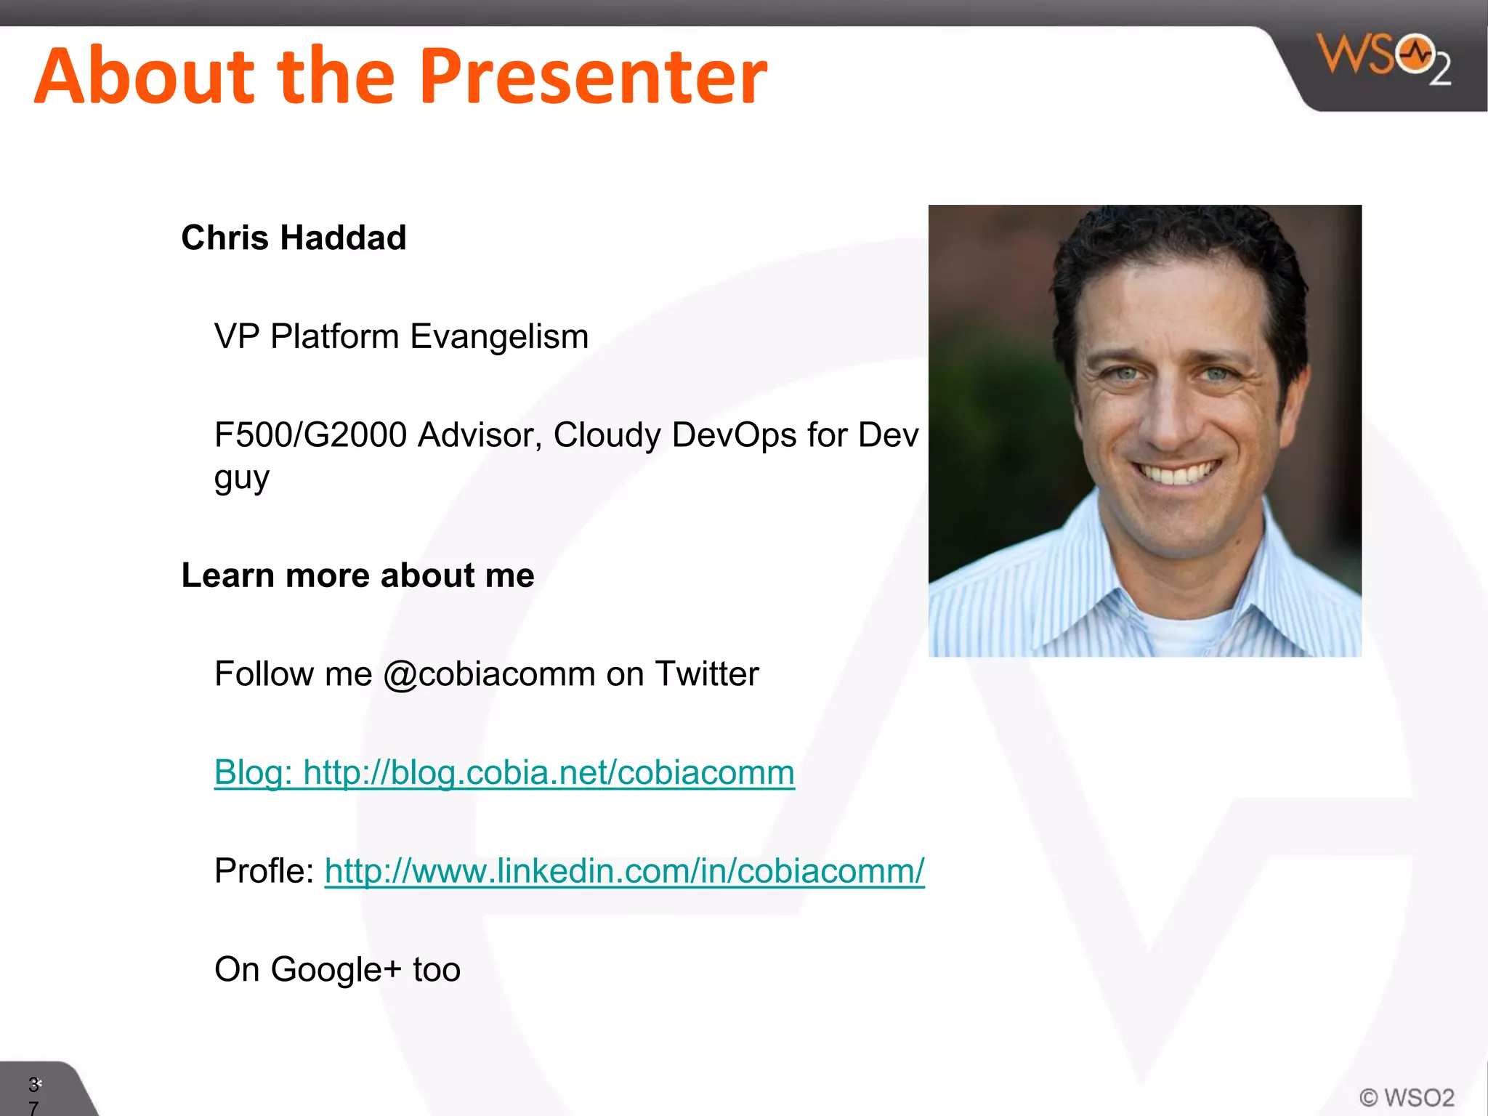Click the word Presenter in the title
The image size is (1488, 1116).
(593, 76)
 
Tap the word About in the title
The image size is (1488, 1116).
(144, 76)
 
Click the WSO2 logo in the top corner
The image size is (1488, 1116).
(1383, 58)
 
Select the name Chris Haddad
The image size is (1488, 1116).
(294, 238)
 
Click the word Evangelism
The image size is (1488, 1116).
(499, 337)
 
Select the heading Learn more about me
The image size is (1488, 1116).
(357, 575)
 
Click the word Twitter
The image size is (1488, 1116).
(706, 674)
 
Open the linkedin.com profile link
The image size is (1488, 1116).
(624, 871)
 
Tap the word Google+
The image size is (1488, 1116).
(336, 970)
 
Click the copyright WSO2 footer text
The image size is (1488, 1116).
(1407, 1097)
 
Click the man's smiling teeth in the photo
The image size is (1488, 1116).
(1178, 474)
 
